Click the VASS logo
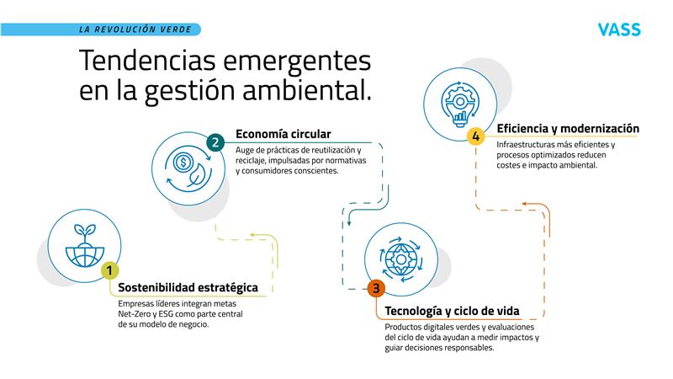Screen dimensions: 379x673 (x=618, y=30)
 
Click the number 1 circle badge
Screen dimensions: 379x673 (x=109, y=270)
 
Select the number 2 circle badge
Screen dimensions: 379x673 (x=215, y=142)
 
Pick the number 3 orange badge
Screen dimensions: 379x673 (x=376, y=289)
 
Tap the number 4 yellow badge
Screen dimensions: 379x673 (x=476, y=136)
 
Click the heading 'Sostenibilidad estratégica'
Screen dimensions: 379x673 (x=188, y=288)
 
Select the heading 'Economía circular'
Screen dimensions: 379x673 (x=283, y=133)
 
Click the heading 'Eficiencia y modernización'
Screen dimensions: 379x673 (x=568, y=129)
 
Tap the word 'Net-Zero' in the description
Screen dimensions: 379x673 (x=136, y=313)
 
